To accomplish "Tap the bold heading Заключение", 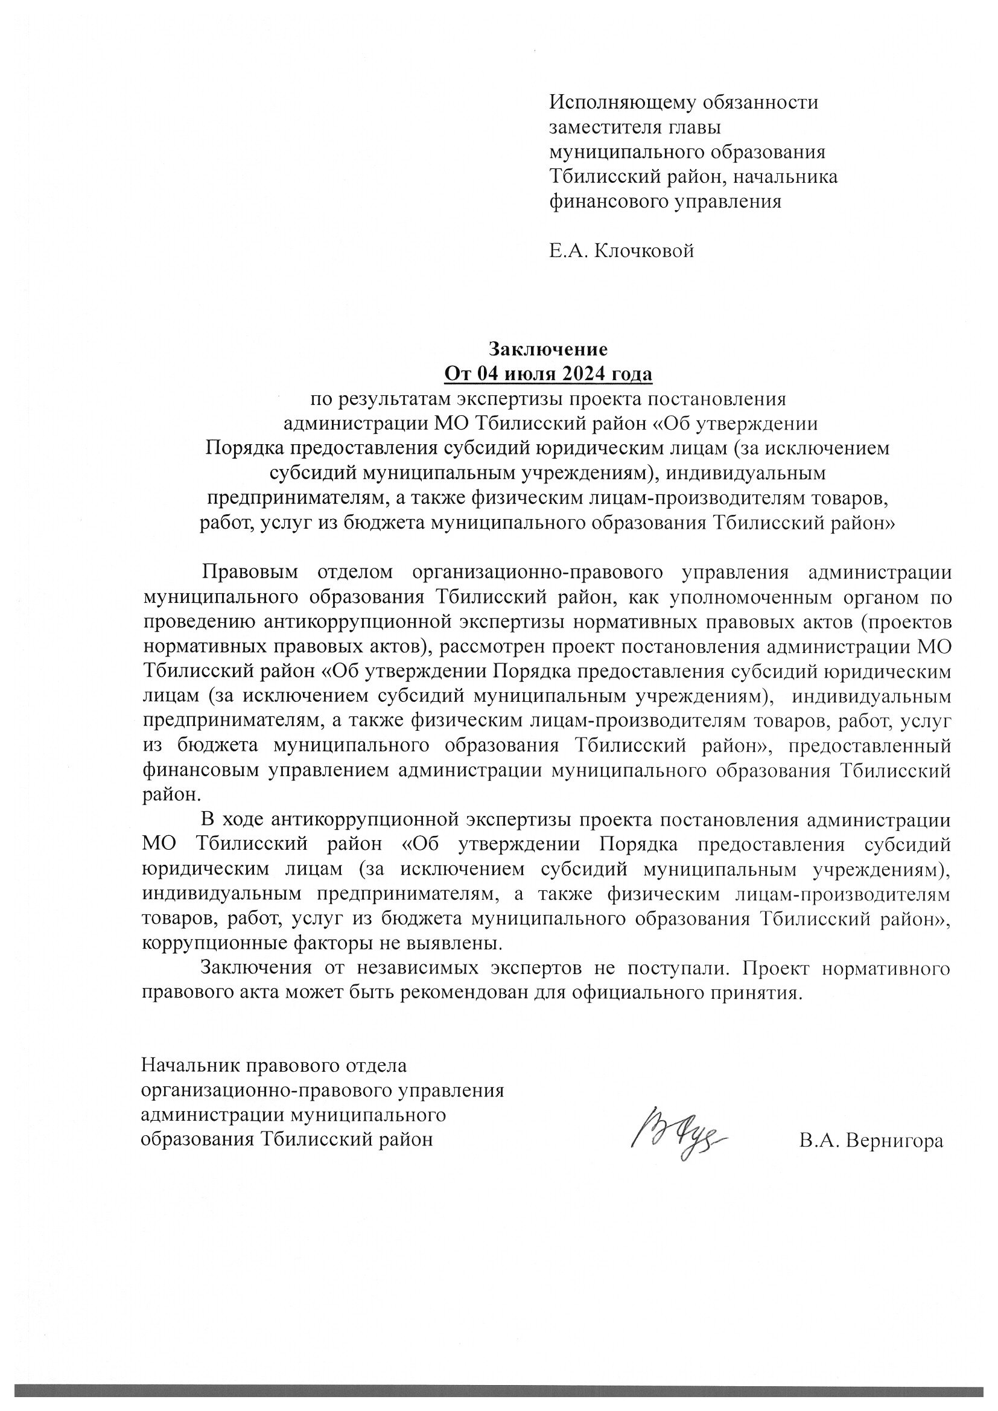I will coord(547,349).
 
